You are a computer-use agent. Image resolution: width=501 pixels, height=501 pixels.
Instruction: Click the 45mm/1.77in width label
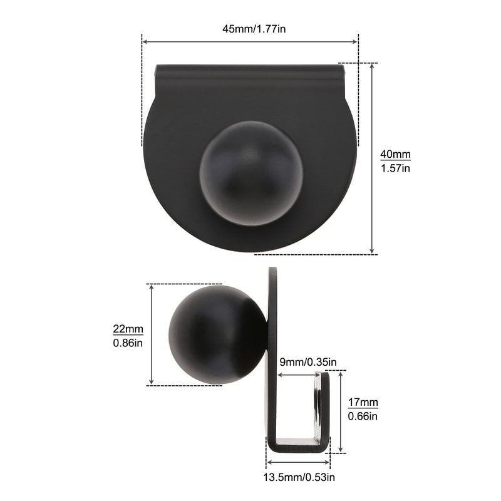tap(250, 29)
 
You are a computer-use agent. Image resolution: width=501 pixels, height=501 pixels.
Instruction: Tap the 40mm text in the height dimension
tap(396, 155)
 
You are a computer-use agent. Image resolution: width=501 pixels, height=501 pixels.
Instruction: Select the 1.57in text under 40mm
tap(396, 168)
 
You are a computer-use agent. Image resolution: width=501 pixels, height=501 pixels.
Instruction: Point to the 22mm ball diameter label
tap(128, 329)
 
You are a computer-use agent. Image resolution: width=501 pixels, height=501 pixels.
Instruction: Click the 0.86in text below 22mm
tap(128, 343)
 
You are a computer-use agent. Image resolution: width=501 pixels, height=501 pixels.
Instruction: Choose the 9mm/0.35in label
tap(308, 362)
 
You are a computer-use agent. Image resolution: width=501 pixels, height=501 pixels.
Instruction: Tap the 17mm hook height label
tap(363, 402)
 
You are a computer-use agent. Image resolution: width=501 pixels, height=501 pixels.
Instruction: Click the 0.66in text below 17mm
tap(363, 416)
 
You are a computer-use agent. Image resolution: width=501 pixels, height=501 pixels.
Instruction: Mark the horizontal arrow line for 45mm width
tap(250, 42)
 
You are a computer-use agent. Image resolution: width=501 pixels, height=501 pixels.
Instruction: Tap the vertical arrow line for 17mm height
tap(341, 411)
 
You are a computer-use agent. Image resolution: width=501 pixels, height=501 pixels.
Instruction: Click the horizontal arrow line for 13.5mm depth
tap(298, 464)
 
